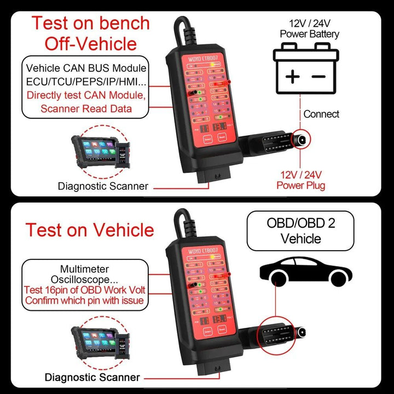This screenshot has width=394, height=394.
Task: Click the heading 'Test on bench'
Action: [x=90, y=24]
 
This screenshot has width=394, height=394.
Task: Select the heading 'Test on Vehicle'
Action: [x=90, y=229]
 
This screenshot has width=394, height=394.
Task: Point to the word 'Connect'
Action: [x=321, y=114]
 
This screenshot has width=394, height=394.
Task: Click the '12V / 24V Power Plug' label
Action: [x=300, y=179]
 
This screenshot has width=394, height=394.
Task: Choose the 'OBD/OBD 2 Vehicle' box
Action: [x=300, y=231]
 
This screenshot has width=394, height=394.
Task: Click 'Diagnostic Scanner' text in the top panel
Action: [x=103, y=186]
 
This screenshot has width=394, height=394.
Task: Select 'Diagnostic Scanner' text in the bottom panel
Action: [x=92, y=377]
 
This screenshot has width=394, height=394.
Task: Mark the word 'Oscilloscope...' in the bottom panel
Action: [x=84, y=279]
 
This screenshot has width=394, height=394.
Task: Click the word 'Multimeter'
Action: [x=84, y=269]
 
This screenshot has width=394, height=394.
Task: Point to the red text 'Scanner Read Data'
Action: [x=85, y=108]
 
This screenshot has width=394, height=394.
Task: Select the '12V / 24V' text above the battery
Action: [x=310, y=24]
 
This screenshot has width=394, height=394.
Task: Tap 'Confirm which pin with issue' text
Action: [x=84, y=300]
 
